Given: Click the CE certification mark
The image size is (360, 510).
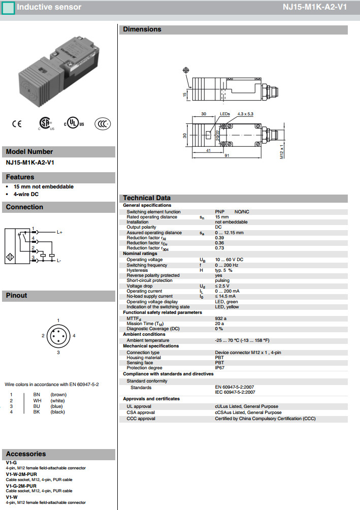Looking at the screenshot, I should point(17,123).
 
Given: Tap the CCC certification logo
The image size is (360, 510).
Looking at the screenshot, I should point(103,123).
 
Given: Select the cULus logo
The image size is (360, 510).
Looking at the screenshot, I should point(74,123).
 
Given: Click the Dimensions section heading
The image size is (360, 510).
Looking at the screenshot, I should point(142,29).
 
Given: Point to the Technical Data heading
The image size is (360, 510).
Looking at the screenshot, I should point(147,198).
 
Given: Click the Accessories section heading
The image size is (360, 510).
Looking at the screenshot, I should point(26,454).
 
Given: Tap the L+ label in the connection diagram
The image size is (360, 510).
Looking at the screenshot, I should point(59,232).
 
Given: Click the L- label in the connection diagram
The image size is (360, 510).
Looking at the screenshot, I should point(59,261).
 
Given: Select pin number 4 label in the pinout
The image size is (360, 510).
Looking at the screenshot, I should point(74,336).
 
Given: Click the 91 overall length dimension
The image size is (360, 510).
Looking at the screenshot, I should point(227,155).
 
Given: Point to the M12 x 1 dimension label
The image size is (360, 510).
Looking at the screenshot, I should point(281,152).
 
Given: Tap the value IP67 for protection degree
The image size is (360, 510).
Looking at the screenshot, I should point(220,368).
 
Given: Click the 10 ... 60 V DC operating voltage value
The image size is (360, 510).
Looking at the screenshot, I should point(229,260).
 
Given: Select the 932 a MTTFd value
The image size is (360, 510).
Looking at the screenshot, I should point(221,318).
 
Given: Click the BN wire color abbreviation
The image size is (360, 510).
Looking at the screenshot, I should point(37,395).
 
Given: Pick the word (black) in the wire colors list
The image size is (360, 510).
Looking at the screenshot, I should point(58,411).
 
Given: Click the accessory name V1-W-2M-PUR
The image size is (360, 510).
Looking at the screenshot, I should point(21,474).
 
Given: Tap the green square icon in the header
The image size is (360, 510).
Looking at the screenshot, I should point(8,8).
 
